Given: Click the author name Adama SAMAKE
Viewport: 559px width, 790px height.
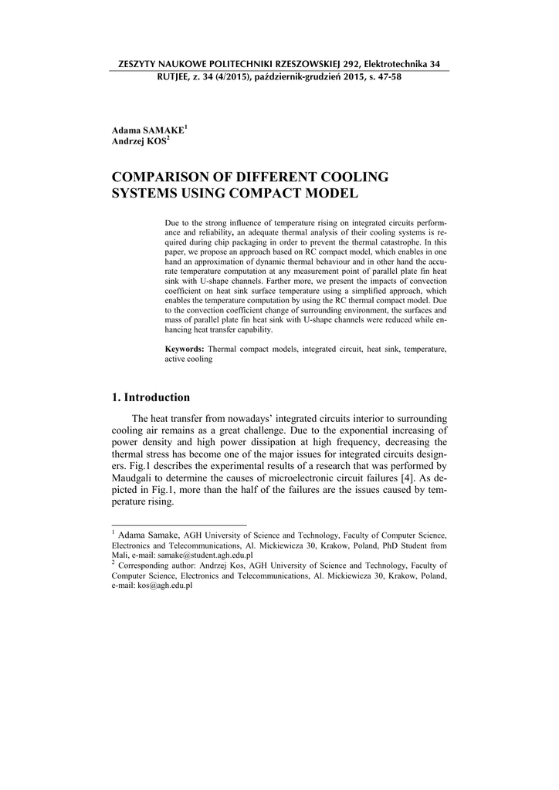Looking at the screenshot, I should (147, 131).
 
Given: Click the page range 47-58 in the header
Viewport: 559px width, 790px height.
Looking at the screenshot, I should (386, 77).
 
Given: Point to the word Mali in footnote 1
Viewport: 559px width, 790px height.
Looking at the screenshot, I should (120, 555).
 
